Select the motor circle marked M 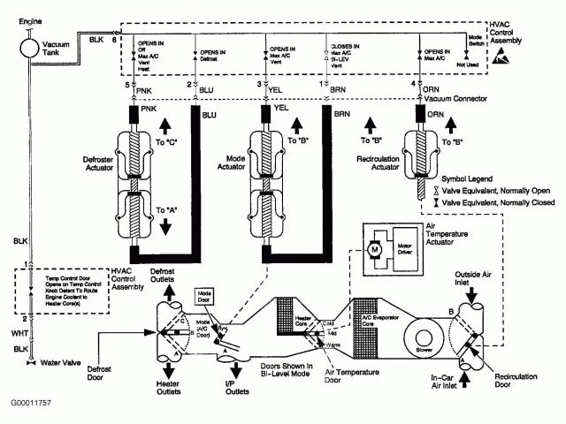[x=375, y=253]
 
